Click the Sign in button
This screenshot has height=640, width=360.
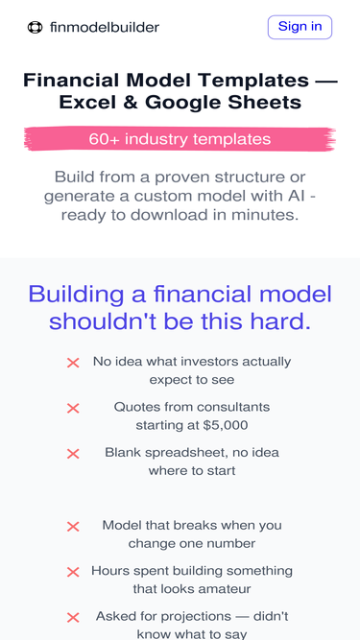click(300, 27)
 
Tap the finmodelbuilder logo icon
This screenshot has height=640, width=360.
click(36, 28)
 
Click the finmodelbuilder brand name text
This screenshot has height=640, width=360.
click(105, 28)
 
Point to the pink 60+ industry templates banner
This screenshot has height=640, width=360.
click(180, 139)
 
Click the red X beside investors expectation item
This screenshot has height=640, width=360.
click(73, 363)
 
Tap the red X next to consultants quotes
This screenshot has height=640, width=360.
click(73, 408)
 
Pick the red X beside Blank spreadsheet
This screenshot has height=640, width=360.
click(73, 454)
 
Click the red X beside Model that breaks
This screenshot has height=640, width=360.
click(73, 527)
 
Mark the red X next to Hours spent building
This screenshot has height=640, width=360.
click(73, 572)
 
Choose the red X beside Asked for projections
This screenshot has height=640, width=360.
click(73, 618)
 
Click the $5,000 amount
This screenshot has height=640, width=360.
click(226, 425)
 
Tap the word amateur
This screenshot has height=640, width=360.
click(218, 589)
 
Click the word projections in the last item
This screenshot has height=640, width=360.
click(208, 616)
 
